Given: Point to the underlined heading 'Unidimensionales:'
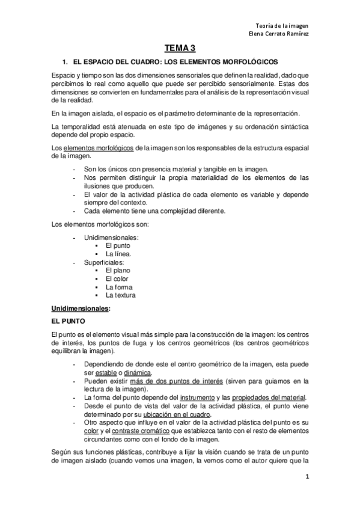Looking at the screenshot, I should click(81, 308).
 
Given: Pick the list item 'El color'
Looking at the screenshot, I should click(117, 279).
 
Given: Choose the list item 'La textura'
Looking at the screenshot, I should click(120, 295).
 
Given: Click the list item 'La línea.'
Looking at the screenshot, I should click(119, 254).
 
